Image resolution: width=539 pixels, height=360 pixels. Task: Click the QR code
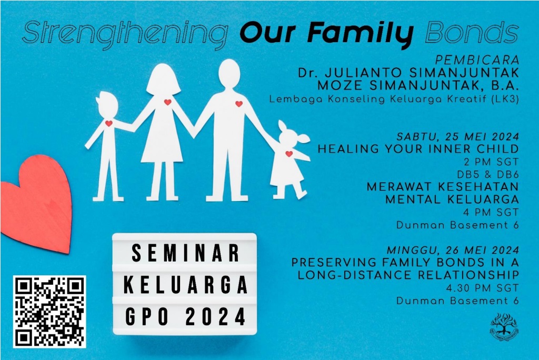point(49,312)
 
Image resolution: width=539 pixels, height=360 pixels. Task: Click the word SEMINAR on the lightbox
point(185,253)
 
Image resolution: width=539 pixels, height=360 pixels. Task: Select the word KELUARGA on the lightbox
point(185,285)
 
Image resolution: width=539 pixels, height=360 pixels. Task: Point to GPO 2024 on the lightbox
point(185,316)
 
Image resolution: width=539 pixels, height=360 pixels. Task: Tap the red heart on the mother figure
point(168,102)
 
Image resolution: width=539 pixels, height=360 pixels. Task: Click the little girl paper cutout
point(289,159)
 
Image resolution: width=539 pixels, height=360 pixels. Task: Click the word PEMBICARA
point(477,60)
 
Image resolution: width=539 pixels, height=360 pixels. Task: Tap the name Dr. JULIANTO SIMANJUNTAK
point(408,73)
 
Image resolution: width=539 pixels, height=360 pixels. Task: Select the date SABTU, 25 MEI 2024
point(457,136)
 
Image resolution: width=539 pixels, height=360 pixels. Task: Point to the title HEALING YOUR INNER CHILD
point(418,149)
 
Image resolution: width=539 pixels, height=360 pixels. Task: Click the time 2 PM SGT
point(491,162)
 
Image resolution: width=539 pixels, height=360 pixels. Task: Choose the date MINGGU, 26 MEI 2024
point(453,250)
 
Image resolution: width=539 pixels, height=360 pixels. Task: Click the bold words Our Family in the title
point(326,33)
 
